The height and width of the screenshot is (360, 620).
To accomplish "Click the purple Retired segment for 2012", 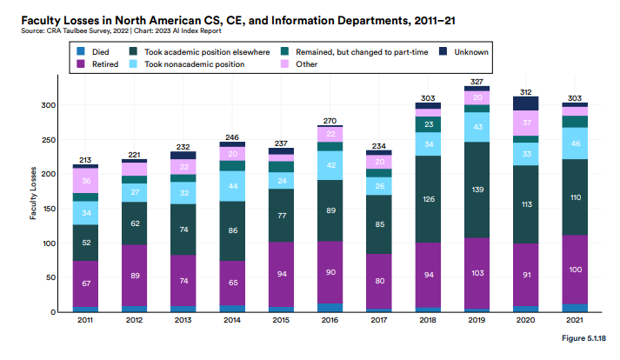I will point(135,275).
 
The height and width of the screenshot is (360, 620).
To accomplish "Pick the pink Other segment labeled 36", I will point(85,181).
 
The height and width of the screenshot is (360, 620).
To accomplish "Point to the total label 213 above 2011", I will point(85,159).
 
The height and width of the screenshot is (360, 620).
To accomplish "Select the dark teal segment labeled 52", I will point(85,243).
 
